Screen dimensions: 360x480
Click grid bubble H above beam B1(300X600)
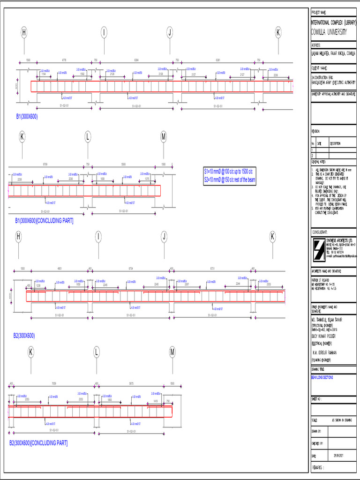pos(24,32)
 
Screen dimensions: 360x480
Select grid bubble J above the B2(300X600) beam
pos(164,237)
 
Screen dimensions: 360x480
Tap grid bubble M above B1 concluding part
pos(164,137)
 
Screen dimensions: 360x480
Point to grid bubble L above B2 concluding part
pos(97,352)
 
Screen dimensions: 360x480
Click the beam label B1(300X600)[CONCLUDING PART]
pos(44,220)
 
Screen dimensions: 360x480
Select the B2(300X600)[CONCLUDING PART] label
pos(38,442)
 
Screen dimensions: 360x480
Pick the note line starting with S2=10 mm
pos(232,179)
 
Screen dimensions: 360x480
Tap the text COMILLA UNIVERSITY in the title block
pos(329,32)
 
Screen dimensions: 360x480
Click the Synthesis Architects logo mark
pos(319,249)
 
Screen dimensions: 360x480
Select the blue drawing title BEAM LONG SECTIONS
pos(322,377)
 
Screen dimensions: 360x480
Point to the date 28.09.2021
pos(339,455)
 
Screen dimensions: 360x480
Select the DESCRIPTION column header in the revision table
pos(336,144)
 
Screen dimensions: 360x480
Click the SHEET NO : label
pos(318,398)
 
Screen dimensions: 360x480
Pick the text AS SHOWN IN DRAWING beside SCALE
pos(342,420)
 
